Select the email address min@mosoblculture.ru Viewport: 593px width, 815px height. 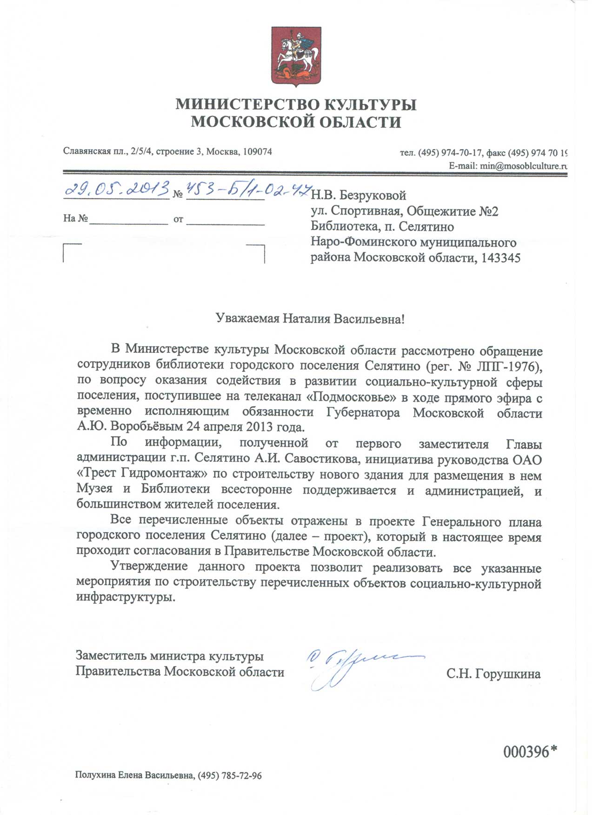click(x=521, y=166)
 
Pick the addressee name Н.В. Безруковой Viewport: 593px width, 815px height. click(x=359, y=196)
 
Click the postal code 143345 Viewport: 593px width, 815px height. click(x=500, y=257)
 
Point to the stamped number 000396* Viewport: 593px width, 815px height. click(x=530, y=751)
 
